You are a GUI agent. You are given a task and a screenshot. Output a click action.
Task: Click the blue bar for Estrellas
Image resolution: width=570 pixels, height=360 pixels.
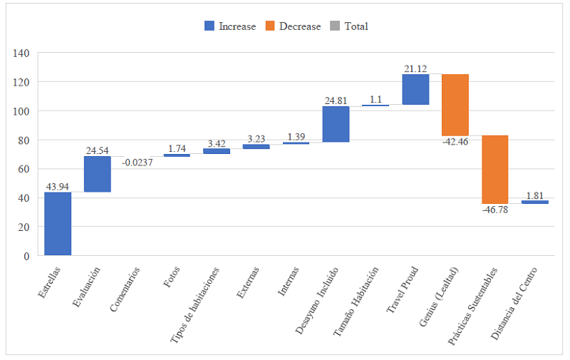click(x=58, y=224)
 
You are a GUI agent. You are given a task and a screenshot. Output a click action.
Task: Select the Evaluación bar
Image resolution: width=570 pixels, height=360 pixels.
click(x=98, y=174)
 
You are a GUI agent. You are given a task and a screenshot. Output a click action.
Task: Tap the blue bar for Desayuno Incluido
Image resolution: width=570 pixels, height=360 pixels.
click(x=336, y=124)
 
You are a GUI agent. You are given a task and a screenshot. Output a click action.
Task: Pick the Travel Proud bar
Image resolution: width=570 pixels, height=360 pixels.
click(x=415, y=89)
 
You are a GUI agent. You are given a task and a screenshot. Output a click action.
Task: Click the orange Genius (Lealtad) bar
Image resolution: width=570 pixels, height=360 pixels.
click(x=455, y=105)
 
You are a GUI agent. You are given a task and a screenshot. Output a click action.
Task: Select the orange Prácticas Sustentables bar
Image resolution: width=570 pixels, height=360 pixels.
click(x=495, y=170)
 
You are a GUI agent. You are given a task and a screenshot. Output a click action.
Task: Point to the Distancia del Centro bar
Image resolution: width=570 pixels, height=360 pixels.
click(x=534, y=202)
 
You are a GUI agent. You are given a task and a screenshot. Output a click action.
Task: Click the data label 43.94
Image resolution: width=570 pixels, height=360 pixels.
click(x=58, y=187)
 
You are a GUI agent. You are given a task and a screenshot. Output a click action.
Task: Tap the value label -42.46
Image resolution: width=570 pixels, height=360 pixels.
click(x=455, y=141)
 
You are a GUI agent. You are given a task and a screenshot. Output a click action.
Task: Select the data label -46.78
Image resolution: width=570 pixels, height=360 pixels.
click(x=495, y=210)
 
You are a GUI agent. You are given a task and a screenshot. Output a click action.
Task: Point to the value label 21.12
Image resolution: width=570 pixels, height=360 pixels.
click(x=415, y=68)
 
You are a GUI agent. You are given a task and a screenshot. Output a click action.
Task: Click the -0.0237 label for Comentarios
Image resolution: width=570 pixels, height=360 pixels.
click(x=138, y=163)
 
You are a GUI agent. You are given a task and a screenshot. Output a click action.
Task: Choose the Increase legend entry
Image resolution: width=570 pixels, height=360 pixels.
click(x=230, y=26)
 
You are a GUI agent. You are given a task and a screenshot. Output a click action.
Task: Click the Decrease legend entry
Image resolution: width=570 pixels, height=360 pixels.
click(x=293, y=26)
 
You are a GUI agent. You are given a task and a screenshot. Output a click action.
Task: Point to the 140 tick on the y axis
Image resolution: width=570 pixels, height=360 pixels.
click(x=21, y=53)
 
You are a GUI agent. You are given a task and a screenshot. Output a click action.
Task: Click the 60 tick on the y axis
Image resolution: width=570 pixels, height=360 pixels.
click(x=23, y=169)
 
